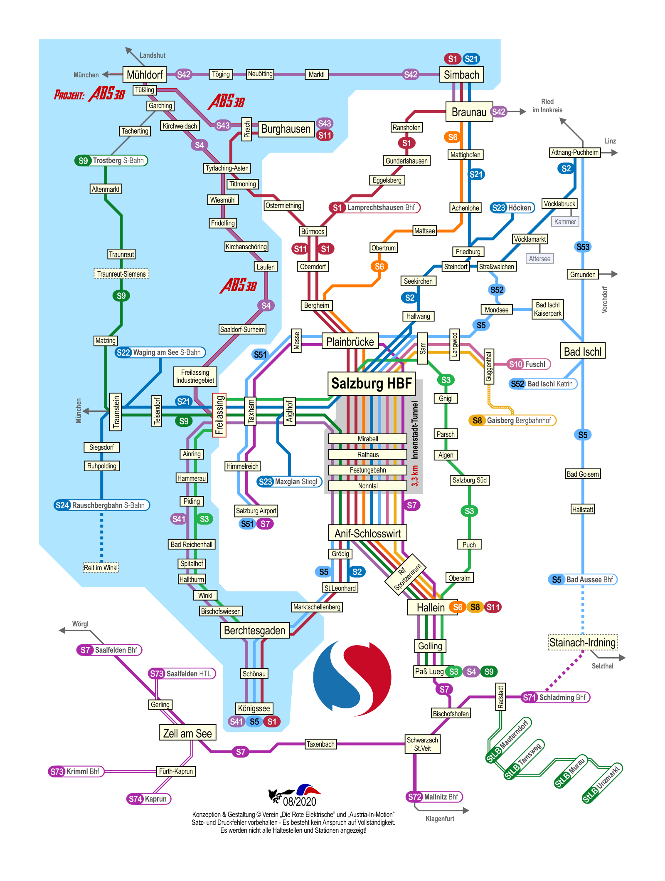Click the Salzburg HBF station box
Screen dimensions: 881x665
371,384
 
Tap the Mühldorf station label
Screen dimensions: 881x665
145,75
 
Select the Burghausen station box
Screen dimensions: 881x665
286,129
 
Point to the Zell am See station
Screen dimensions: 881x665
187,733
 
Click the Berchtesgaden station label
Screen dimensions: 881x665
254,631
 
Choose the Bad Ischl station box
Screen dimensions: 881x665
582,351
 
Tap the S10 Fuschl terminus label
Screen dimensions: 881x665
528,364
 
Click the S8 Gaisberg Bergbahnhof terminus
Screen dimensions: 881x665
512,421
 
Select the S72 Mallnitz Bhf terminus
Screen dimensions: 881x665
434,797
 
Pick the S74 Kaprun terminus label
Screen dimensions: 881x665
149,799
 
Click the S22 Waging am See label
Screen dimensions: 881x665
160,352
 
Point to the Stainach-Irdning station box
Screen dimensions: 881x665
582,643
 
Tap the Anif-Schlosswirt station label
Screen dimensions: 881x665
367,533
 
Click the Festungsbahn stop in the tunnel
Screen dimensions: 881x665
367,470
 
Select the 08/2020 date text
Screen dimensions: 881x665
300,801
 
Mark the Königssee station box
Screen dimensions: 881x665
254,708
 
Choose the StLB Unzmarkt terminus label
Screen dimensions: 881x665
601,784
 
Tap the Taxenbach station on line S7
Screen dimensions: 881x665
320,744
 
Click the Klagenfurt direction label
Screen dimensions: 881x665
440,819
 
